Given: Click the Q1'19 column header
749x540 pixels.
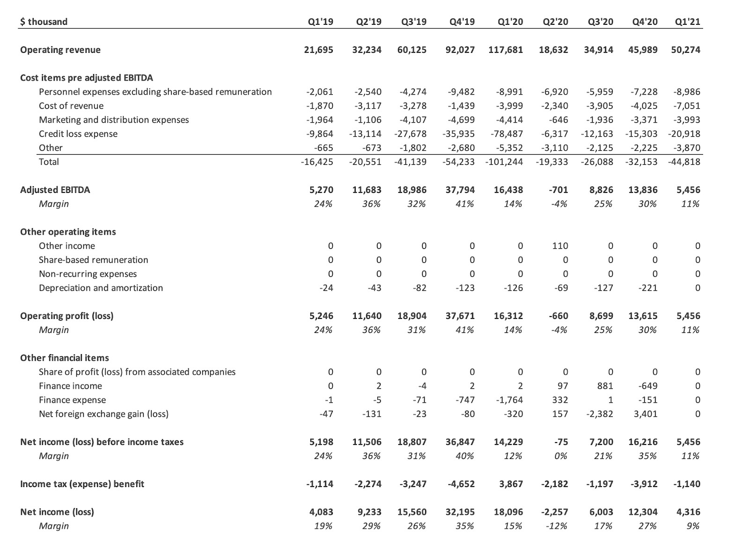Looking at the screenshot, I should pos(321,22).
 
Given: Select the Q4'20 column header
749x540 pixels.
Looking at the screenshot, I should pos(644,22).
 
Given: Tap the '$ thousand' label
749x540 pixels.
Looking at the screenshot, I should pos(44,22).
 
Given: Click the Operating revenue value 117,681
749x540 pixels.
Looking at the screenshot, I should pos(506,50).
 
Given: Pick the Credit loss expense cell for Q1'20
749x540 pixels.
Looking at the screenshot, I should pos(507,133).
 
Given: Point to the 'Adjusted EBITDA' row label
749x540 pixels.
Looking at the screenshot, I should pos(55,190).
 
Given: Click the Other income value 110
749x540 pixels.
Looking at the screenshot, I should pos(560,246).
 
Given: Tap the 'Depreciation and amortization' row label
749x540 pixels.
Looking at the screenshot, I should pos(101,288).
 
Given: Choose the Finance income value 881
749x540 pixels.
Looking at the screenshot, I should pos(604,386).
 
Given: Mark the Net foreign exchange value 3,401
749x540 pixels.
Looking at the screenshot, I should pos(646,414).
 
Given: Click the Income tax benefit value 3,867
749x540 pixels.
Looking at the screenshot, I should pos(511,484).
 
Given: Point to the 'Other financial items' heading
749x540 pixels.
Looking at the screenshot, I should pos(65,358).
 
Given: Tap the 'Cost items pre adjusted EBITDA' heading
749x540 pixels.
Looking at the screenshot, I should pos(87,78).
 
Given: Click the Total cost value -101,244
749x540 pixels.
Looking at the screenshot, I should pos(504,162).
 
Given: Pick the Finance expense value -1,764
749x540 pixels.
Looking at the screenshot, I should pos(509,400).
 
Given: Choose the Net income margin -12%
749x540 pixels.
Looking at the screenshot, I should pos(557,526).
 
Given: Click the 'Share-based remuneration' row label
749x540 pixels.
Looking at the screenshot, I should pos(93,260).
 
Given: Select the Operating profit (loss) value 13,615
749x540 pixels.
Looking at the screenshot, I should pos(643,316).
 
